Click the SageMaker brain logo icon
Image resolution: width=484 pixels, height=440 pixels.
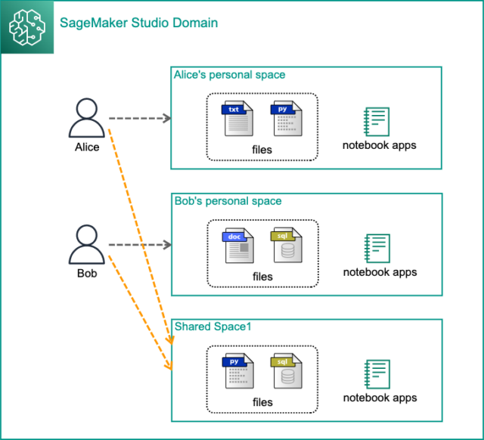click(x=27, y=27)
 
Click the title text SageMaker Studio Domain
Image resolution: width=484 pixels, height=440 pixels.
click(x=138, y=23)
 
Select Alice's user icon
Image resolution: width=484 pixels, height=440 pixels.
click(x=87, y=117)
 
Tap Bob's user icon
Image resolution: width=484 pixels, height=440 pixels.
click(x=87, y=244)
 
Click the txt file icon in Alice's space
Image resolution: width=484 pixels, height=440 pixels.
click(x=237, y=119)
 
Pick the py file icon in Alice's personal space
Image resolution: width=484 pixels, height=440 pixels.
click(x=287, y=119)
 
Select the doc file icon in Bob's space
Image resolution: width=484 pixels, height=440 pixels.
click(x=238, y=246)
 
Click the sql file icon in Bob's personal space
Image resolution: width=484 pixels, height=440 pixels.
click(x=287, y=245)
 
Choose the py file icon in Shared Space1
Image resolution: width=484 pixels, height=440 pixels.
click(x=238, y=371)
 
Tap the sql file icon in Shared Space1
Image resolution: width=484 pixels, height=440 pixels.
click(x=287, y=371)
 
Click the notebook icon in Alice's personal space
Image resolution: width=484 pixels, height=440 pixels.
click(x=377, y=122)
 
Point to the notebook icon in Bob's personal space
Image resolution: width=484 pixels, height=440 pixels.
click(x=377, y=249)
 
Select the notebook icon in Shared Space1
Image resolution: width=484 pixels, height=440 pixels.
click(x=377, y=374)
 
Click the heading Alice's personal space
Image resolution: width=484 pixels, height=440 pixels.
click(x=229, y=75)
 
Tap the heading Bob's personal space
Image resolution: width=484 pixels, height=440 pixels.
click(x=228, y=201)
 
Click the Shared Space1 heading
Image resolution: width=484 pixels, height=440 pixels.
click(x=213, y=327)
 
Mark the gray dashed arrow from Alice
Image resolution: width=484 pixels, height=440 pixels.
click(x=140, y=118)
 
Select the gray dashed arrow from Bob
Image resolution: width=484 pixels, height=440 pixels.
click(x=140, y=245)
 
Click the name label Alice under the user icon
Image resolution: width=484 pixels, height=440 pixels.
click(x=87, y=147)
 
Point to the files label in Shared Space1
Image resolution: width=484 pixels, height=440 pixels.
click(x=262, y=402)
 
